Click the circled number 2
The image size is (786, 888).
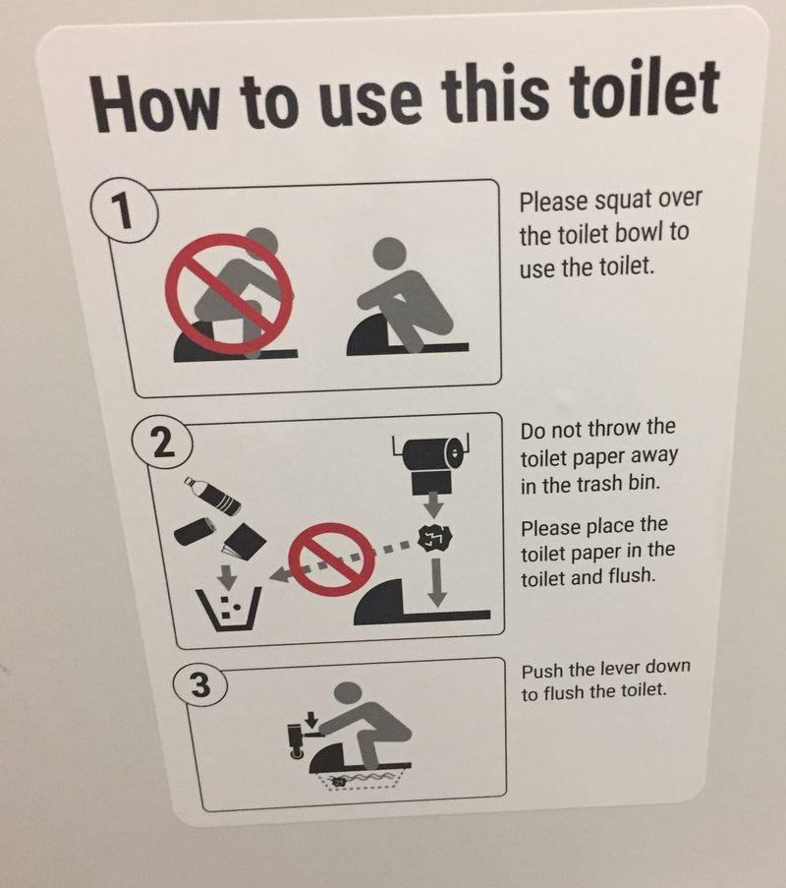coord(162,444)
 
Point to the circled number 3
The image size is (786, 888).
coord(199,685)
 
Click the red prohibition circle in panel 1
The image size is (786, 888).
coord(229,294)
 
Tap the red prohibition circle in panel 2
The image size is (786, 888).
coord(331,559)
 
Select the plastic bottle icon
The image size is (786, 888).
coord(211,496)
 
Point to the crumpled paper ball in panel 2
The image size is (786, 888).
coord(434,538)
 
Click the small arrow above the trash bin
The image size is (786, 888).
coord(227,576)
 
